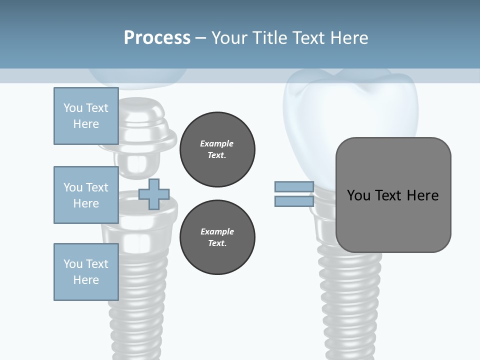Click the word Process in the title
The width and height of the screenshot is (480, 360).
pos(157,37)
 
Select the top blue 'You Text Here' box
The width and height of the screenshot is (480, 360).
pos(86,116)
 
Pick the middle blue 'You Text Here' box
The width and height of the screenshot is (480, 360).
pos(86,195)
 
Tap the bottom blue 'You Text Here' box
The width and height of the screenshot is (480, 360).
pos(86,272)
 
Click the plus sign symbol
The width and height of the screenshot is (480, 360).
pos(153,194)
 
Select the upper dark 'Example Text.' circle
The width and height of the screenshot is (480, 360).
pos(217,149)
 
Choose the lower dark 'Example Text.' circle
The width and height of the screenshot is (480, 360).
pos(217,237)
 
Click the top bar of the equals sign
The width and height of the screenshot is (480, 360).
pos(294,186)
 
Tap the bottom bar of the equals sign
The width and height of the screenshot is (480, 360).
pos(294,201)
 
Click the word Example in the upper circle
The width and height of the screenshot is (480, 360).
pos(217,143)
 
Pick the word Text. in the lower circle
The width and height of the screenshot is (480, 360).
pos(217,243)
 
